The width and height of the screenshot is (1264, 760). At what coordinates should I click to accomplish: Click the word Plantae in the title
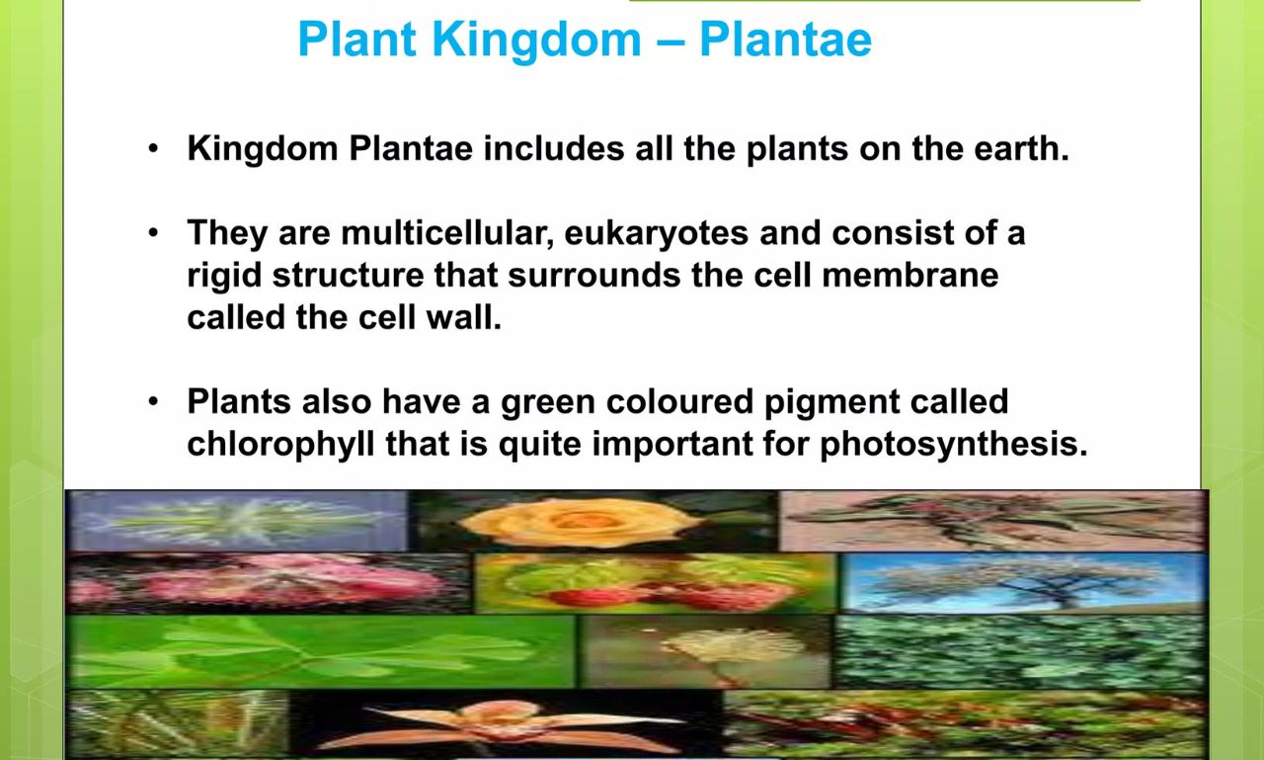(x=785, y=40)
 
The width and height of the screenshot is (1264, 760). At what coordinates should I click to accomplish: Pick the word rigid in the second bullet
(x=223, y=275)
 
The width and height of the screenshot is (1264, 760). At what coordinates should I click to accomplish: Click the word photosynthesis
(x=953, y=444)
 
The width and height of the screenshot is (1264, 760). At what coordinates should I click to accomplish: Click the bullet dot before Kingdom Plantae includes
(x=153, y=149)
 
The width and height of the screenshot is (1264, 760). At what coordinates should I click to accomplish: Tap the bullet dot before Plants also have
(x=153, y=402)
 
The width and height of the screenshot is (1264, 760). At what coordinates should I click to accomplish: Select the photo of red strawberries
(x=656, y=584)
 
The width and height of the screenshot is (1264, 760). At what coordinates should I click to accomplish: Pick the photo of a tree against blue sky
(x=1023, y=582)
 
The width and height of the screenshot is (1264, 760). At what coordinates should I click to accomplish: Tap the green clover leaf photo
(x=320, y=651)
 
